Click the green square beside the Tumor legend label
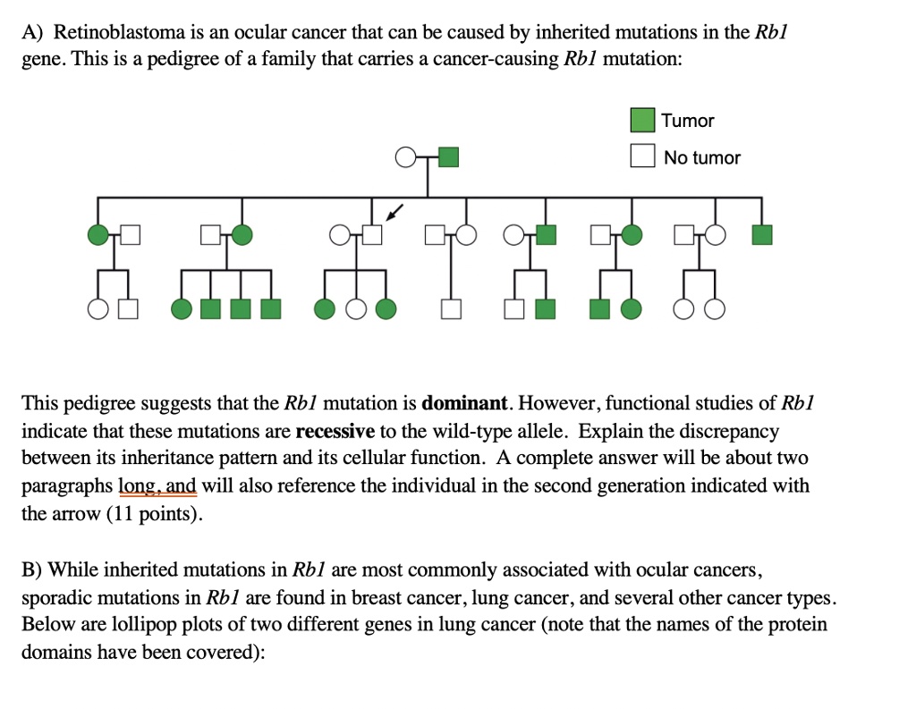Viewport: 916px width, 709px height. click(642, 120)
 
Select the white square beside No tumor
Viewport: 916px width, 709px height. click(642, 156)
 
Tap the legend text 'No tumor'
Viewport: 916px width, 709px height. click(702, 157)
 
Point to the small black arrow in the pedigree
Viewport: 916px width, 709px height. click(394, 213)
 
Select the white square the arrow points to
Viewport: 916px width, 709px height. click(371, 235)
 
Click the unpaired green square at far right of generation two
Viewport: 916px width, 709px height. click(761, 235)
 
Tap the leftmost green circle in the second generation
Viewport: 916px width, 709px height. click(98, 235)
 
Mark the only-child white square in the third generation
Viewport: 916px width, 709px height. click(452, 309)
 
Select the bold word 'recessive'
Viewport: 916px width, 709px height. click(335, 430)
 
